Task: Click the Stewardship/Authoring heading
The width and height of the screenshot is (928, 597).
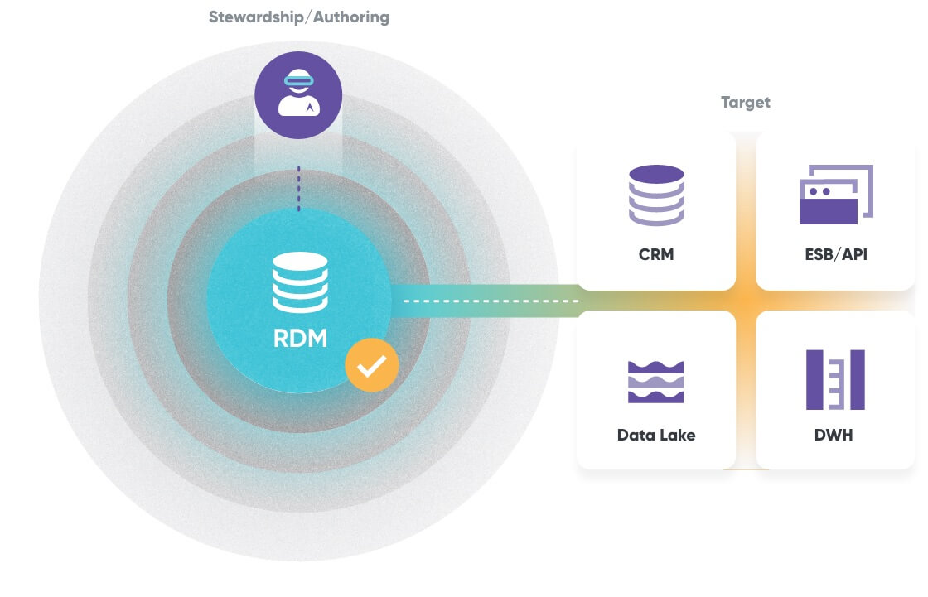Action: pos(299,17)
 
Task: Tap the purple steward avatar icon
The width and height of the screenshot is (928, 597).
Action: pos(298,95)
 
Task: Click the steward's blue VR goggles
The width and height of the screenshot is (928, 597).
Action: pos(298,80)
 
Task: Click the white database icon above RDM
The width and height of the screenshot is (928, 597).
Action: pos(299,282)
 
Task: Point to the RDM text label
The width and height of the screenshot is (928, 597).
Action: pos(299,338)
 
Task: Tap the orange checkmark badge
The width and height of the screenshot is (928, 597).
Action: pos(372,363)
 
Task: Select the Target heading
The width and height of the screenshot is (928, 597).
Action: pos(745,103)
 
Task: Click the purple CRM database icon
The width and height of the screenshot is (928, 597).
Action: pos(656,195)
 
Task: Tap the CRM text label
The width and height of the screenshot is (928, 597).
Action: pos(656,254)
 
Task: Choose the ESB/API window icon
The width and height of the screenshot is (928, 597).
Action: pos(835,195)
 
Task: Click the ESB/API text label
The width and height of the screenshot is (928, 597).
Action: pos(835,254)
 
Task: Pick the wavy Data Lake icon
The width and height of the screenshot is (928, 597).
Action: pos(656,382)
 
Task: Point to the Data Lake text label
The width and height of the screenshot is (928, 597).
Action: pos(656,435)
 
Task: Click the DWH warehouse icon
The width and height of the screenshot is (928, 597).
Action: pos(835,379)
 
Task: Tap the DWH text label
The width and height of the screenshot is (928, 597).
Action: pos(835,435)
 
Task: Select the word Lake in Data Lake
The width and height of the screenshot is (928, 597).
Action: pos(677,435)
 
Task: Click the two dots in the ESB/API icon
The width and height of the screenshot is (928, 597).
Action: pos(819,191)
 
